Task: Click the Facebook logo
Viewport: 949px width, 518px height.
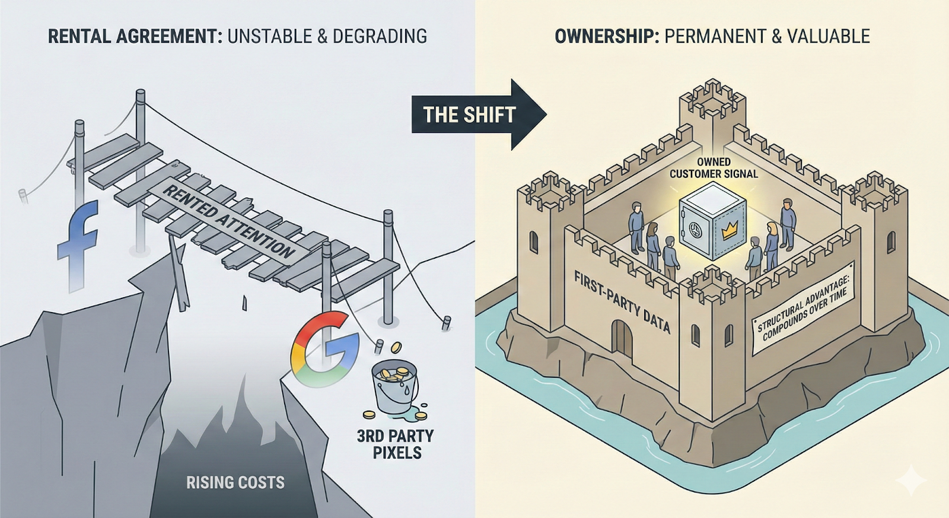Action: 78,246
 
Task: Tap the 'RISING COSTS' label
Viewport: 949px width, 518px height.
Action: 235,482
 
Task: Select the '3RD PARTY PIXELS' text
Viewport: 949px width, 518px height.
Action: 396,444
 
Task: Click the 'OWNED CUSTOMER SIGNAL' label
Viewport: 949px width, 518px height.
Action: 714,168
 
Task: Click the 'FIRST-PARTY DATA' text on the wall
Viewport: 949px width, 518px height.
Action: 622,301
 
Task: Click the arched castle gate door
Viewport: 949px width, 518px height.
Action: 622,339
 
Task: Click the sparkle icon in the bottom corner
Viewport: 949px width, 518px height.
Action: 911,479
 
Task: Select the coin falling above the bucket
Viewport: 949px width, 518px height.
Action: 396,347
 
